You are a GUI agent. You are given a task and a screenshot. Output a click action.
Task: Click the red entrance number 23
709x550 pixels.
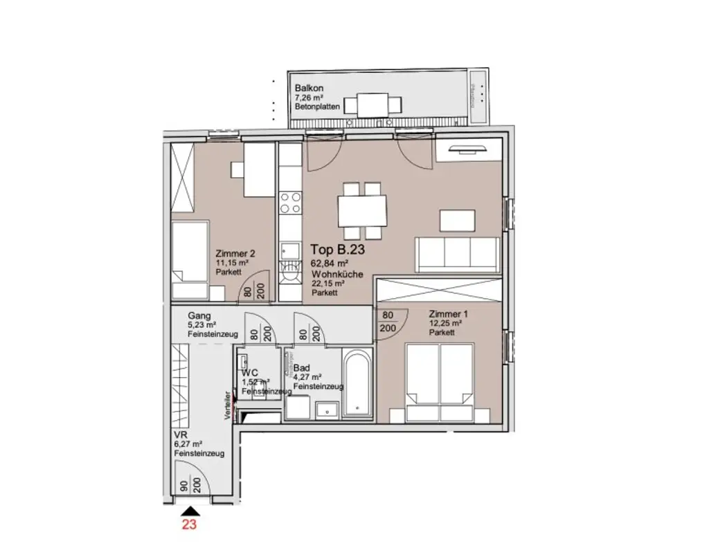coord(189,524)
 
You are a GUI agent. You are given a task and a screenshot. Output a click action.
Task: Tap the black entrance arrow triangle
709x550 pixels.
coord(189,511)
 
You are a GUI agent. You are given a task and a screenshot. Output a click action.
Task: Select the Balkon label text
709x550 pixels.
coord(309,89)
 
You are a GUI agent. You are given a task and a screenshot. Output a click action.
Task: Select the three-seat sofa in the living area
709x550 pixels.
coord(457,254)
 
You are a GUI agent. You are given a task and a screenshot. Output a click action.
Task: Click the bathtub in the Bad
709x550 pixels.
coord(357,385)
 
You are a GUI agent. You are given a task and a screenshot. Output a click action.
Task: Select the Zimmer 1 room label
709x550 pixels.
coord(447,313)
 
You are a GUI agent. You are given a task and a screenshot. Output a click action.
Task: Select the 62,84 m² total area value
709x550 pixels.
coord(330,264)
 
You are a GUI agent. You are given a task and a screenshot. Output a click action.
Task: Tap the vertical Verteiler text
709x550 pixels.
coord(226,408)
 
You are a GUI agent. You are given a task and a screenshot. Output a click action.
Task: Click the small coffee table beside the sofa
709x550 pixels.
coord(458,220)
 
